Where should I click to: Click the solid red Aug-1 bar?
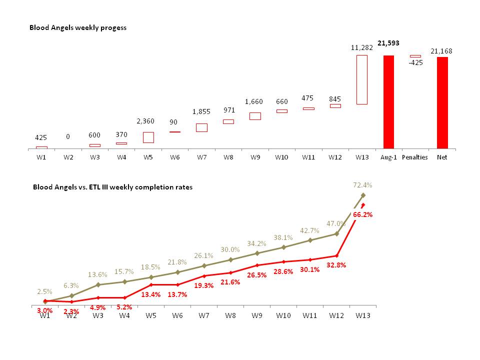[x=388, y=101]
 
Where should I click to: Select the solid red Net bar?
[x=442, y=102]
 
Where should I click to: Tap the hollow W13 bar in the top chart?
[x=361, y=79]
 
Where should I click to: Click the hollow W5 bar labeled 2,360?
[x=148, y=137]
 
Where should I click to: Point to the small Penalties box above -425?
[x=415, y=56]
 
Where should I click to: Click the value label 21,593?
[x=388, y=43]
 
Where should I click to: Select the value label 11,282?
[x=361, y=47]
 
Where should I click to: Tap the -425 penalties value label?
[x=415, y=63]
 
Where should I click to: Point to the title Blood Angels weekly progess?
[x=77, y=27]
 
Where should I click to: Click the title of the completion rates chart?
[x=112, y=187]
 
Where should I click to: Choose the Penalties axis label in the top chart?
[x=415, y=157]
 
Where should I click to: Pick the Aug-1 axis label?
[x=388, y=157]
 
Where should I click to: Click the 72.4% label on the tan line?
[x=362, y=185]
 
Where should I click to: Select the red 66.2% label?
[x=362, y=214]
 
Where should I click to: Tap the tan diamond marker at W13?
[x=363, y=195]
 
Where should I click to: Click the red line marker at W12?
[x=336, y=255]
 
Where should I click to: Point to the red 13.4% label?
[x=150, y=294]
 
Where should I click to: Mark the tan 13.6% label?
[x=97, y=274]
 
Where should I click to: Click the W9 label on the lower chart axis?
[x=257, y=315]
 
